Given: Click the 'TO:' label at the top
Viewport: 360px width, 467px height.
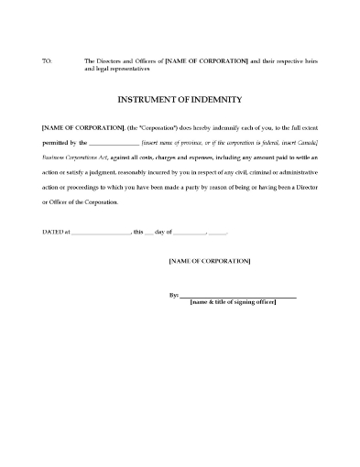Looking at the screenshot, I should point(47,60).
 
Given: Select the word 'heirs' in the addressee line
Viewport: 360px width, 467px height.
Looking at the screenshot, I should point(307,60).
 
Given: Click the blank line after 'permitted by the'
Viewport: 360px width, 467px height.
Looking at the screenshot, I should point(113,144).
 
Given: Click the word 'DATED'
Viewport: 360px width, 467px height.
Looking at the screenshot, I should point(51,233).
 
